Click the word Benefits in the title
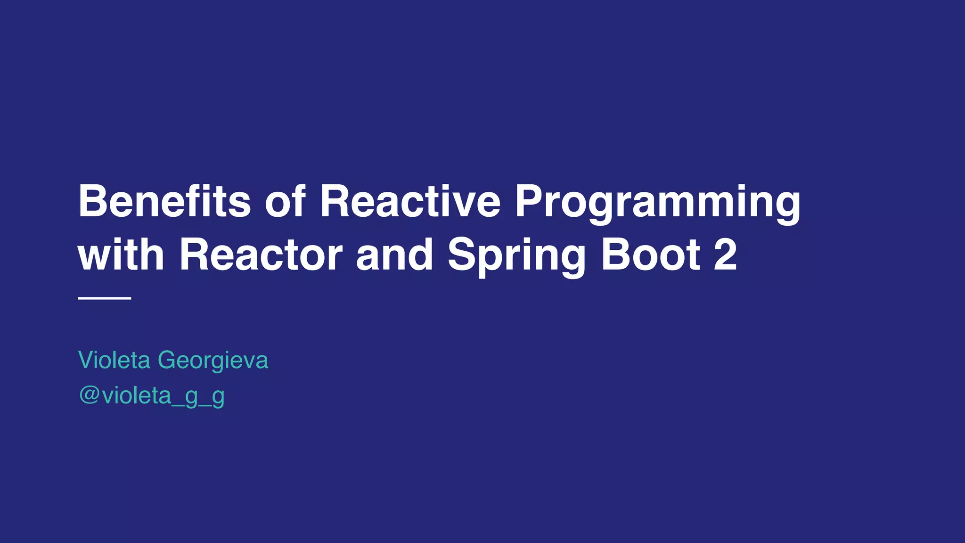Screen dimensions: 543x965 tap(164, 201)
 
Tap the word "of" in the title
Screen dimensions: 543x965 tap(286, 201)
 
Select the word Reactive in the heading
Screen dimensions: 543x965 tap(410, 201)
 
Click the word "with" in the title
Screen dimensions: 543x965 tap(121, 255)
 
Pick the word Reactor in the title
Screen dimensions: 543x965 tap(261, 255)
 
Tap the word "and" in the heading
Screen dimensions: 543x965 tap(394, 255)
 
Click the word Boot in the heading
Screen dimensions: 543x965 tap(650, 255)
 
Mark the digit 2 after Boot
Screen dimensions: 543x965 tap(725, 255)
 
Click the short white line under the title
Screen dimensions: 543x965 tap(104, 298)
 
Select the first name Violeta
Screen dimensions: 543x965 tap(114, 360)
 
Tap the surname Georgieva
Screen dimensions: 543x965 tap(213, 361)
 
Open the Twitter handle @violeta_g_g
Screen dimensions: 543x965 tap(152, 395)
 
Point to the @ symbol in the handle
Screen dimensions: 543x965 tap(89, 395)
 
